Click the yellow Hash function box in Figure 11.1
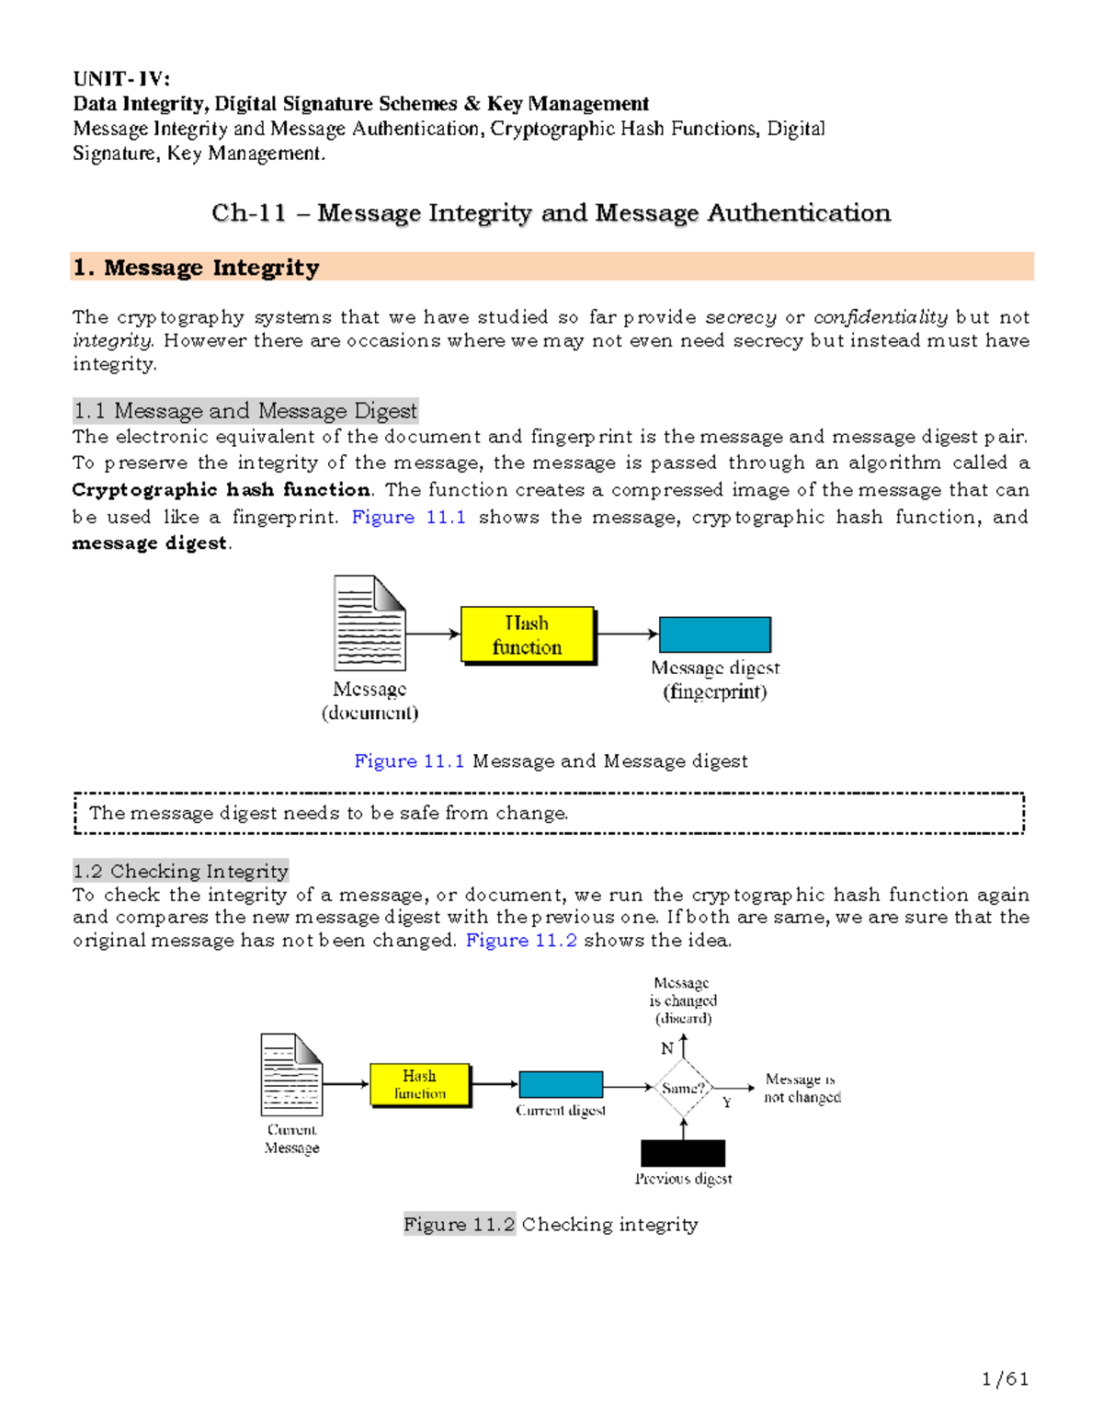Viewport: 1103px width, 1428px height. pyautogui.click(x=527, y=634)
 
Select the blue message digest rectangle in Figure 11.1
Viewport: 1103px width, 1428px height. pyautogui.click(x=714, y=634)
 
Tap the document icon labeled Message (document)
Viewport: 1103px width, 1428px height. pyautogui.click(x=370, y=623)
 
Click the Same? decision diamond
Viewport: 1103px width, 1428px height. pyautogui.click(x=683, y=1088)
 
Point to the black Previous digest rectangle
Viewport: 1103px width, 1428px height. pyautogui.click(x=683, y=1153)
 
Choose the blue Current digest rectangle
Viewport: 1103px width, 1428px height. pyautogui.click(x=561, y=1084)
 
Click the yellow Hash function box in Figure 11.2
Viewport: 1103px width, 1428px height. pyautogui.click(x=420, y=1085)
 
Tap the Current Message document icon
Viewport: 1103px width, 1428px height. pyautogui.click(x=291, y=1074)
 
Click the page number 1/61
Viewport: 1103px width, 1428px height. pyautogui.click(x=1005, y=1378)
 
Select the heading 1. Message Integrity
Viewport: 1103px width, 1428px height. pyautogui.click(x=197, y=268)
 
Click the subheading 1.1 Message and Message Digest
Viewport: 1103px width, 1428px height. pyautogui.click(x=245, y=410)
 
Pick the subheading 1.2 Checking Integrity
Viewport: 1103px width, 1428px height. pyautogui.click(x=181, y=871)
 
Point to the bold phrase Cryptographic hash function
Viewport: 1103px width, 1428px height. pyautogui.click(x=222, y=490)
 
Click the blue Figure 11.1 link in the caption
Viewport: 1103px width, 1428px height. pyautogui.click(x=409, y=761)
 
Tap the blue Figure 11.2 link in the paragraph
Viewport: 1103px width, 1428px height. pyautogui.click(x=521, y=941)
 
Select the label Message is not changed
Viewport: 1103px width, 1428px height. pyautogui.click(x=802, y=1088)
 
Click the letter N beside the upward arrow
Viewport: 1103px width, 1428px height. pyautogui.click(x=667, y=1048)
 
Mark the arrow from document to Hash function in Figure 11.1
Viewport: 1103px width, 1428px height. pyautogui.click(x=433, y=634)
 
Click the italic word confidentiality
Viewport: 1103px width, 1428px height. pyautogui.click(x=881, y=317)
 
